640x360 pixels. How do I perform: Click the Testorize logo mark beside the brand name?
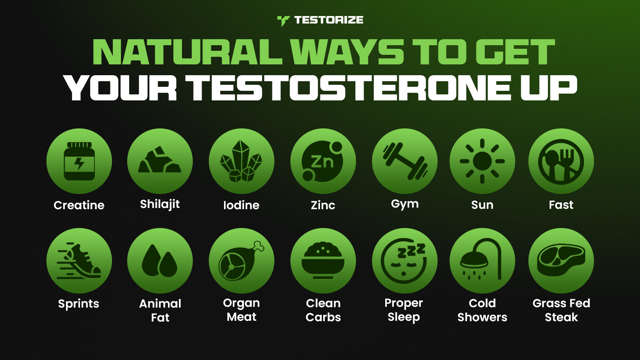284,21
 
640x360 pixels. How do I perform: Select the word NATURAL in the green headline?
188,52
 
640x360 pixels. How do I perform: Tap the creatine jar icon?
79,161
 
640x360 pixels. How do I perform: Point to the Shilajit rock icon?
160,160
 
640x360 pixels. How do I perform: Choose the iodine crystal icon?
241,161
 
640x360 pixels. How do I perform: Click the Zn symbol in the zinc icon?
322,162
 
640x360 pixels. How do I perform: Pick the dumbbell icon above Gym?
405,161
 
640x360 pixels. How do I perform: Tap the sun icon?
482,161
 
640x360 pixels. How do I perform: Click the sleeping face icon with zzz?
404,261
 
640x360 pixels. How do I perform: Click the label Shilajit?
160,204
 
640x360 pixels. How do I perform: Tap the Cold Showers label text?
482,310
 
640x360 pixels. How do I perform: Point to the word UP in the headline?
549,88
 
